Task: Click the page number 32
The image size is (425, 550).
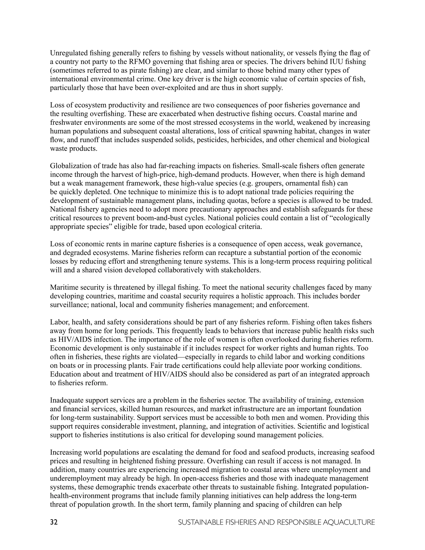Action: (x=54, y=522)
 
